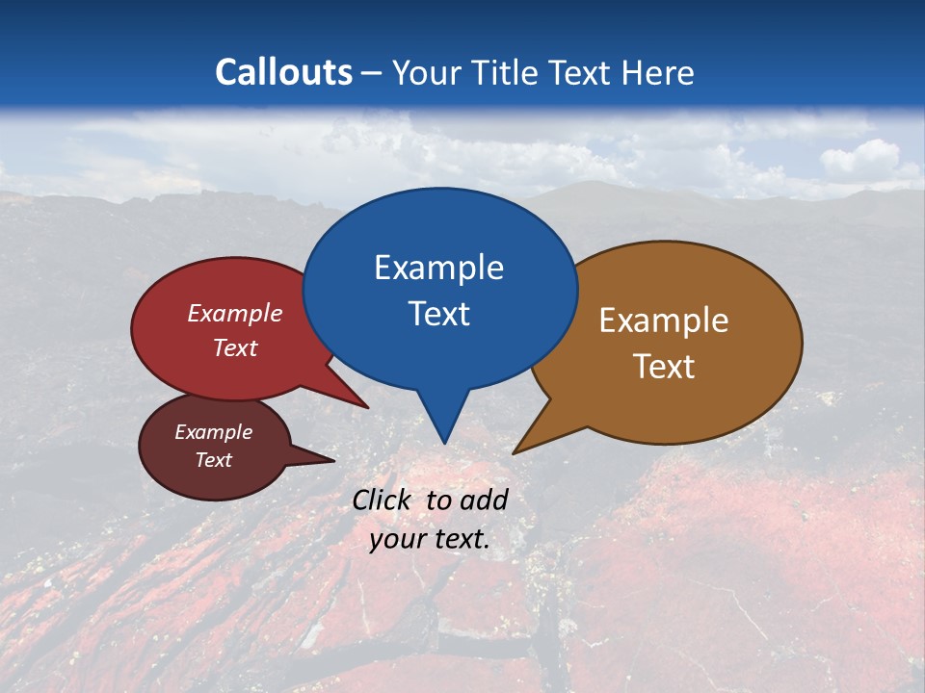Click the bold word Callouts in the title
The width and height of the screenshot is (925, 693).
pyautogui.click(x=284, y=72)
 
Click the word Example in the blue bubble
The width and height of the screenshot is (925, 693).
pyautogui.click(x=438, y=268)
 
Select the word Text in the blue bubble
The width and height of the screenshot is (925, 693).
pyautogui.click(x=438, y=314)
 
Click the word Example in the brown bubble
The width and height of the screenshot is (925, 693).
pyautogui.click(x=664, y=321)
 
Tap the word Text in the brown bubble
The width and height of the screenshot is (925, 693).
pyautogui.click(x=664, y=367)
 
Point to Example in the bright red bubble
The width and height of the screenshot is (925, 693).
pyautogui.click(x=235, y=313)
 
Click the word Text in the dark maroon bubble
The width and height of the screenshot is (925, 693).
pyautogui.click(x=214, y=460)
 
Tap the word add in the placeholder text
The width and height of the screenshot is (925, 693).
pyautogui.click(x=484, y=500)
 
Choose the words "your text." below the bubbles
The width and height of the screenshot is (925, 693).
pyautogui.click(x=430, y=539)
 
